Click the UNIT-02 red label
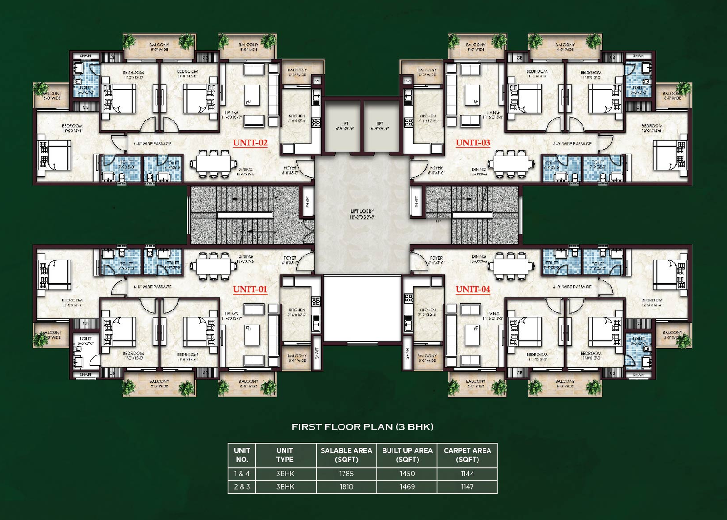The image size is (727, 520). click(250, 143)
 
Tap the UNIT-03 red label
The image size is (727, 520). click(473, 143)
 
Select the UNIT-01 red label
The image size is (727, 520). click(250, 289)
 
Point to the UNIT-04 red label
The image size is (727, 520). click(473, 289)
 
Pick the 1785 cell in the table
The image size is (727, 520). click(346, 474)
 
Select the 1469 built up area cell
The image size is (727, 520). click(407, 486)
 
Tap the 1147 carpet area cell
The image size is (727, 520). click(467, 486)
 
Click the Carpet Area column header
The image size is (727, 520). click(467, 455)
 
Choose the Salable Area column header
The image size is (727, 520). click(346, 455)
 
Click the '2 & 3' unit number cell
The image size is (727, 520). click(242, 486)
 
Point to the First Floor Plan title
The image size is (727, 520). click(362, 427)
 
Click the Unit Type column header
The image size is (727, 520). click(285, 455)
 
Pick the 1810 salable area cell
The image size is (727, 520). click(346, 486)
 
